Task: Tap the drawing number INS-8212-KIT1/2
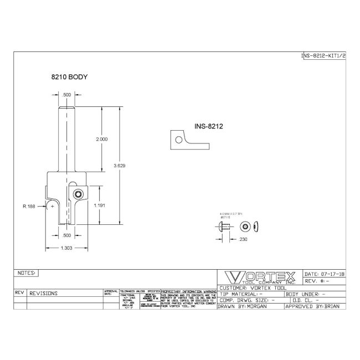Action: coord(323,56)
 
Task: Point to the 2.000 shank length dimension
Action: coord(102,139)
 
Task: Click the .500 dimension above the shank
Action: coord(66,95)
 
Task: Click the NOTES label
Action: coord(27,273)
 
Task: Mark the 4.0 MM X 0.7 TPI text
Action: coord(232,212)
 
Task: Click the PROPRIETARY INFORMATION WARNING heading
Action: coord(188,290)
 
